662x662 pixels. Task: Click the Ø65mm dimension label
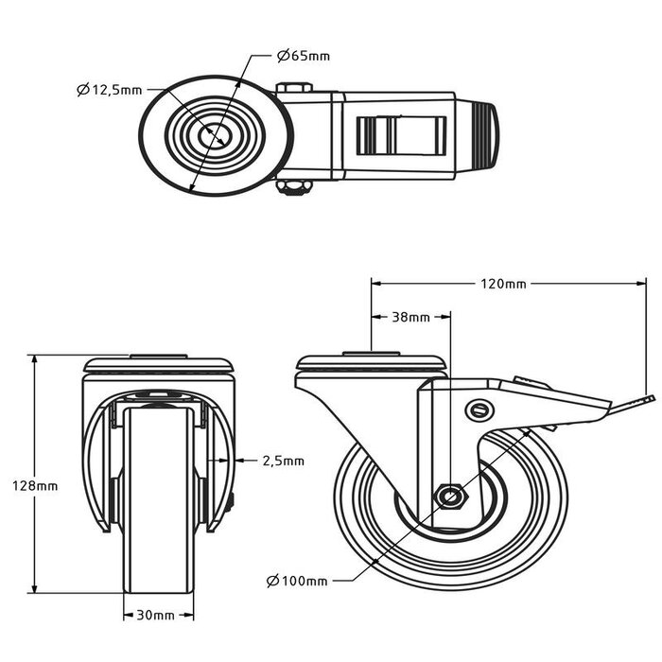tap(304, 56)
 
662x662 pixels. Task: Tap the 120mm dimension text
tap(502, 283)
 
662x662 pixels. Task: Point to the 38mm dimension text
tap(410, 317)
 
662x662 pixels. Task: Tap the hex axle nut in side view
tap(449, 496)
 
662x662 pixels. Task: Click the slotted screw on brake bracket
tap(480, 409)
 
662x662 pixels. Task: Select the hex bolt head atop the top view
tap(295, 89)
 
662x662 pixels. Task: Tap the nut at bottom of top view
tap(295, 187)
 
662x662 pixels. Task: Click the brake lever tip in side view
tap(647, 400)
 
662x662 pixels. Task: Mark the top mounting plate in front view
tap(158, 364)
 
